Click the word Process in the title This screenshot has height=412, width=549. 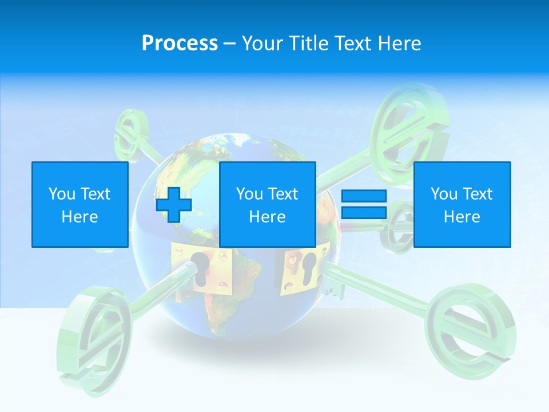coord(180,43)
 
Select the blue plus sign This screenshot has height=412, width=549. coord(174,204)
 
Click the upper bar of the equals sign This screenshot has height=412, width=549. coord(364,196)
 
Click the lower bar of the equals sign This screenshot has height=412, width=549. coord(364,213)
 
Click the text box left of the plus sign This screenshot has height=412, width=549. coord(79,204)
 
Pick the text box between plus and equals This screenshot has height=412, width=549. coord(267,204)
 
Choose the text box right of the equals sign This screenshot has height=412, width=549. coord(462,204)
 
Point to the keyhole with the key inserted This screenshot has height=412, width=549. coord(201,269)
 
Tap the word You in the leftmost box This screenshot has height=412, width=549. coord(61,194)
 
